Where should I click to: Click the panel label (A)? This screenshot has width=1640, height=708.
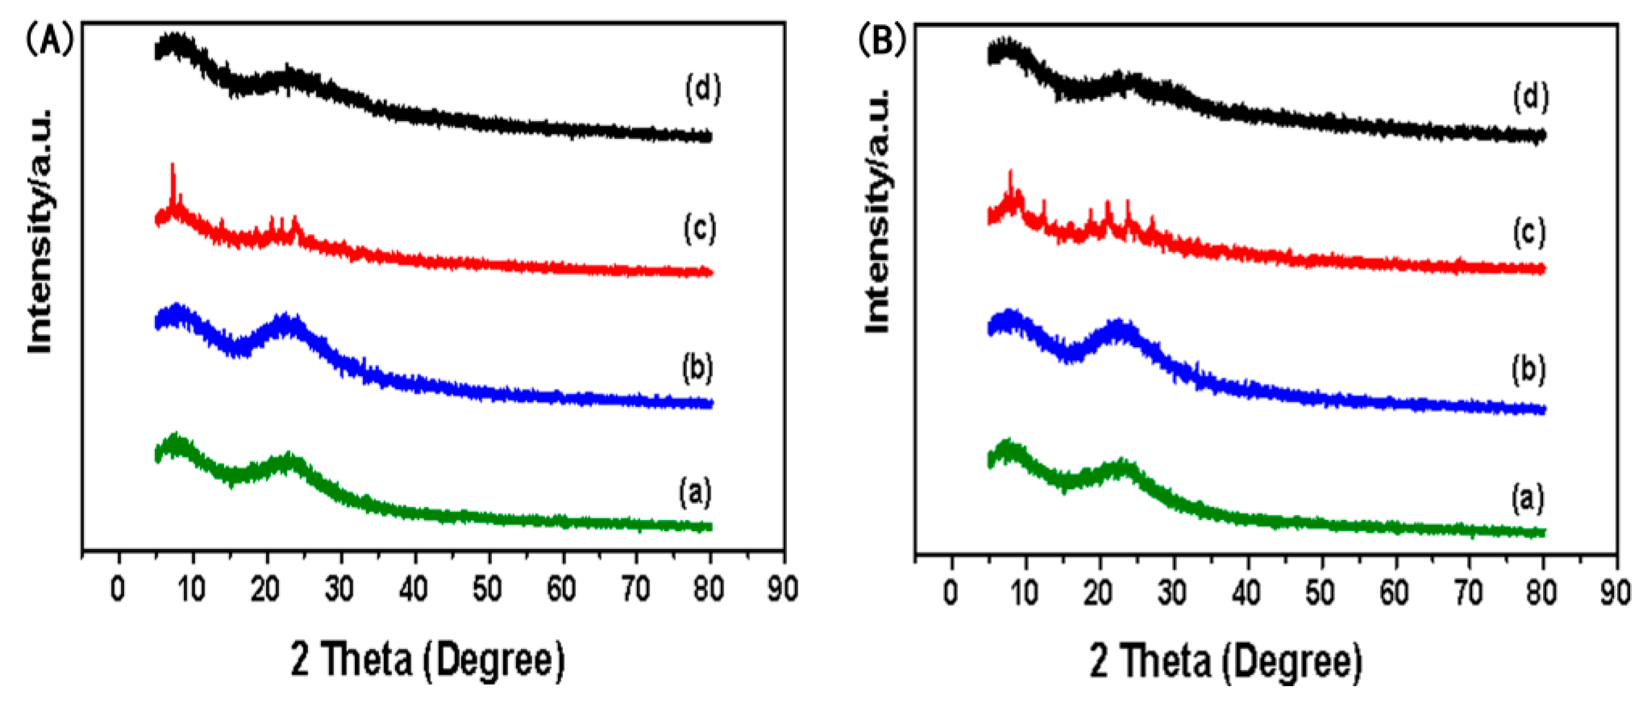click(50, 40)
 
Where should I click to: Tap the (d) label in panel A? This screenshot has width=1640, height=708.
click(703, 89)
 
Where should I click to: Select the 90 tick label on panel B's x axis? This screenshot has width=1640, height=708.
click(1616, 593)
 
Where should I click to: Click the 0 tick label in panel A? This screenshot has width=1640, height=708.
click(118, 590)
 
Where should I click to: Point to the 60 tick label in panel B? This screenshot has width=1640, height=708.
click(1394, 593)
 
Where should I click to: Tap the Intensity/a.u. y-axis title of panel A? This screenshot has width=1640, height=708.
click(40, 232)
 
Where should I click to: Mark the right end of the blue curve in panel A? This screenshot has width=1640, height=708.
click(711, 403)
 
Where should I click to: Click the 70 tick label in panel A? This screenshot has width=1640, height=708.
click(635, 590)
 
